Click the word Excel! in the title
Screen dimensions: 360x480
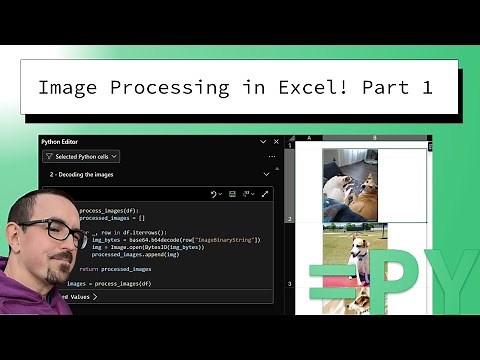(306, 88)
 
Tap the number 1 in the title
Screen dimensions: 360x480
(427, 88)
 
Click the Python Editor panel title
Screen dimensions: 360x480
(65, 142)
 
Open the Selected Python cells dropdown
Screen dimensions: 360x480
(81, 156)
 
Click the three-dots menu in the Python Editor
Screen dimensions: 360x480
(272, 157)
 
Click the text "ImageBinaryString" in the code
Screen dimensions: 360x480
(226, 240)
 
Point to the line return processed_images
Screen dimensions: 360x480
(116, 269)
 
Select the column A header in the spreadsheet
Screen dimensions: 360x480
(309, 138)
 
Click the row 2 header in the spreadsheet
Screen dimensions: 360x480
(290, 217)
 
